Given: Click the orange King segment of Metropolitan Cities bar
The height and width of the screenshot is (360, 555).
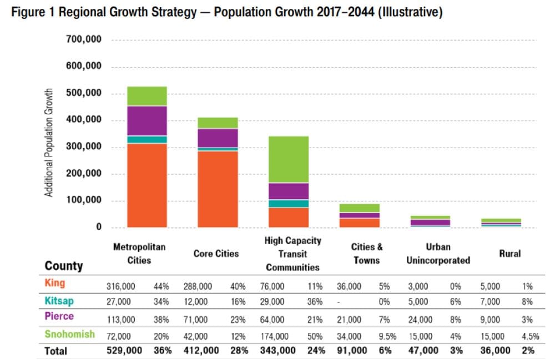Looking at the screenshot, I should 147,185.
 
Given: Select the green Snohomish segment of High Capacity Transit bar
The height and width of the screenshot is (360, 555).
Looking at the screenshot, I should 289,159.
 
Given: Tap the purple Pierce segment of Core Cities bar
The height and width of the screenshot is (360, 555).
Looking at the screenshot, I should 218,138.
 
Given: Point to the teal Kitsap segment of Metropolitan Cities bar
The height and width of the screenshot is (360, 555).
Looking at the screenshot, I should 147,140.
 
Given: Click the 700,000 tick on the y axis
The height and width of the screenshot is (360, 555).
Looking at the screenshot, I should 84,40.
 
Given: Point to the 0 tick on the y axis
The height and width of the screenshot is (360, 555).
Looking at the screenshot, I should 98,227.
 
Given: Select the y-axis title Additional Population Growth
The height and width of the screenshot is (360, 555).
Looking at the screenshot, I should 49,142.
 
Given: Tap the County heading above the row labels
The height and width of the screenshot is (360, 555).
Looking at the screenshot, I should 64,266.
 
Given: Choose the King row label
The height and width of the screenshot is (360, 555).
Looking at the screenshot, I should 54,283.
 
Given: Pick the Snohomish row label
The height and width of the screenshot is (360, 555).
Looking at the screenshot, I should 70,334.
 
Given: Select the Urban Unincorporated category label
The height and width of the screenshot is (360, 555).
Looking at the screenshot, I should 438,253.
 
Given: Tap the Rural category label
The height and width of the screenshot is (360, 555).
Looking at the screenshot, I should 509,253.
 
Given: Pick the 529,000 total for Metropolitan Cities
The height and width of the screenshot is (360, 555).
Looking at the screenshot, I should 124,351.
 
